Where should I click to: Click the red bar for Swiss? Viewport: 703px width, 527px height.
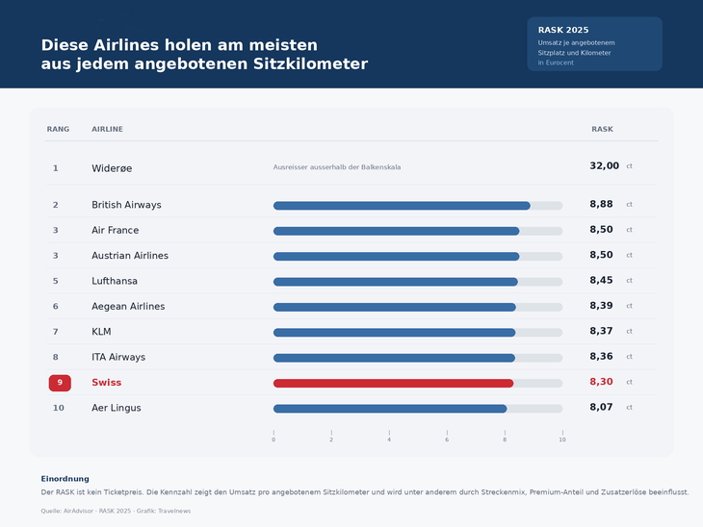[393, 384]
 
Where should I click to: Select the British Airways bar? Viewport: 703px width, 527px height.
[402, 206]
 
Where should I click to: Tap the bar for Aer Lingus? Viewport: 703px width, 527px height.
[390, 409]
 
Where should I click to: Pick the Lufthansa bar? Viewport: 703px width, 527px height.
[396, 282]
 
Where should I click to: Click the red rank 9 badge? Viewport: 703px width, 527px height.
[60, 383]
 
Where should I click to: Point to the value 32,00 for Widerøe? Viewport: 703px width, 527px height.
[605, 166]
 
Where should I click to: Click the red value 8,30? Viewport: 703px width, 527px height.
[601, 382]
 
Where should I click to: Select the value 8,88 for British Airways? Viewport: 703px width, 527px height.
[601, 204]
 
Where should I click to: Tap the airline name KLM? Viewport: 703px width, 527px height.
[101, 332]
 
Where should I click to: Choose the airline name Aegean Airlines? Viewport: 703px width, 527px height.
[128, 306]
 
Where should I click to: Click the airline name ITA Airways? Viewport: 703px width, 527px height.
[118, 358]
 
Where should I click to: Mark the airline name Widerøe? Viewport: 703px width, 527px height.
[112, 168]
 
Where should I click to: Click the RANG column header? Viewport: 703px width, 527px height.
[59, 129]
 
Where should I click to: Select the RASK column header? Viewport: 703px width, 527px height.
[602, 129]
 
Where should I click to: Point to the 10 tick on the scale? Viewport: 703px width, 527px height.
[562, 437]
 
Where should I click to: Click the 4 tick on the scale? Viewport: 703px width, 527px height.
[389, 437]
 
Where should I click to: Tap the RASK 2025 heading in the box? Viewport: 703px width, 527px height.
[563, 30]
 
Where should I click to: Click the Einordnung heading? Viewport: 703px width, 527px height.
[65, 479]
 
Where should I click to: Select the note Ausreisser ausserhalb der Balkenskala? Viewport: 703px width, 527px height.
[337, 167]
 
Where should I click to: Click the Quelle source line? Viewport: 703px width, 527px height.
[116, 511]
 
